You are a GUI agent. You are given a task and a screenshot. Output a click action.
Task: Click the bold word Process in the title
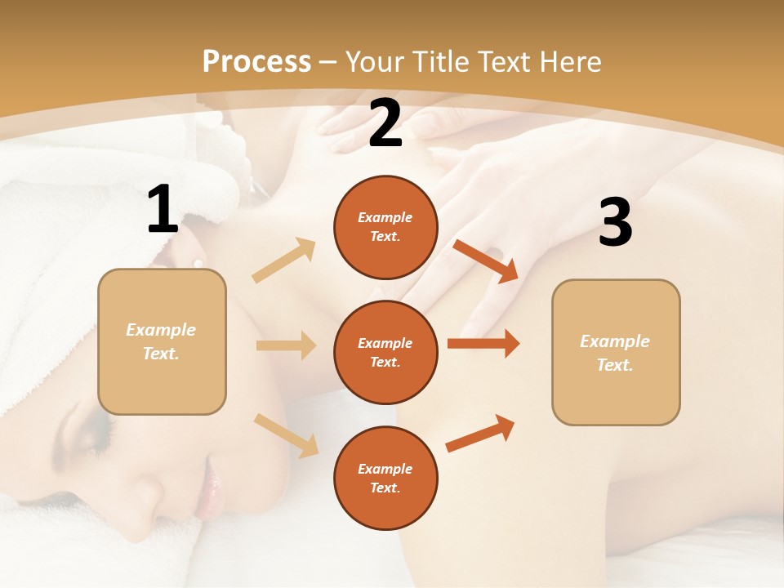256,62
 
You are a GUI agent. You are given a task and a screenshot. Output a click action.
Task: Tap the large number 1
163,210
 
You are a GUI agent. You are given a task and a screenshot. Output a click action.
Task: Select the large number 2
385,124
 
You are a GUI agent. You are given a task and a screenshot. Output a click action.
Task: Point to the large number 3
615,222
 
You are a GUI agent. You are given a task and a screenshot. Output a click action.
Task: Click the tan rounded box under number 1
162,341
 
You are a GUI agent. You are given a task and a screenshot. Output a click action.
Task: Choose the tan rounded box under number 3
616,352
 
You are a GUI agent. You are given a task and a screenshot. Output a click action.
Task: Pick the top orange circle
385,227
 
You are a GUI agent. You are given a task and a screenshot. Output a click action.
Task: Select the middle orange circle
385,352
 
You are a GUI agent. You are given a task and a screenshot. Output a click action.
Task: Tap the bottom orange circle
385,478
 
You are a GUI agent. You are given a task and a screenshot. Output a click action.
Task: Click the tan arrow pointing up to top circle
284,261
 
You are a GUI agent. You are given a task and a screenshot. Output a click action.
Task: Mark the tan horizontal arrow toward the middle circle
286,345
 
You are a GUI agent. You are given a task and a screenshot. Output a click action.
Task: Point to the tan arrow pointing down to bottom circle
286,435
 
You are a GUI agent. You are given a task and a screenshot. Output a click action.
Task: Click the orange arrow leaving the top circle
486,261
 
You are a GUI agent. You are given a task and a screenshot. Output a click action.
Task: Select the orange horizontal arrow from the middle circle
483,344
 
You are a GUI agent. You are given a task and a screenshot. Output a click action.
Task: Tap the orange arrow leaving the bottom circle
480,434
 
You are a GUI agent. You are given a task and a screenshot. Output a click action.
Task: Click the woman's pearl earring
198,261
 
